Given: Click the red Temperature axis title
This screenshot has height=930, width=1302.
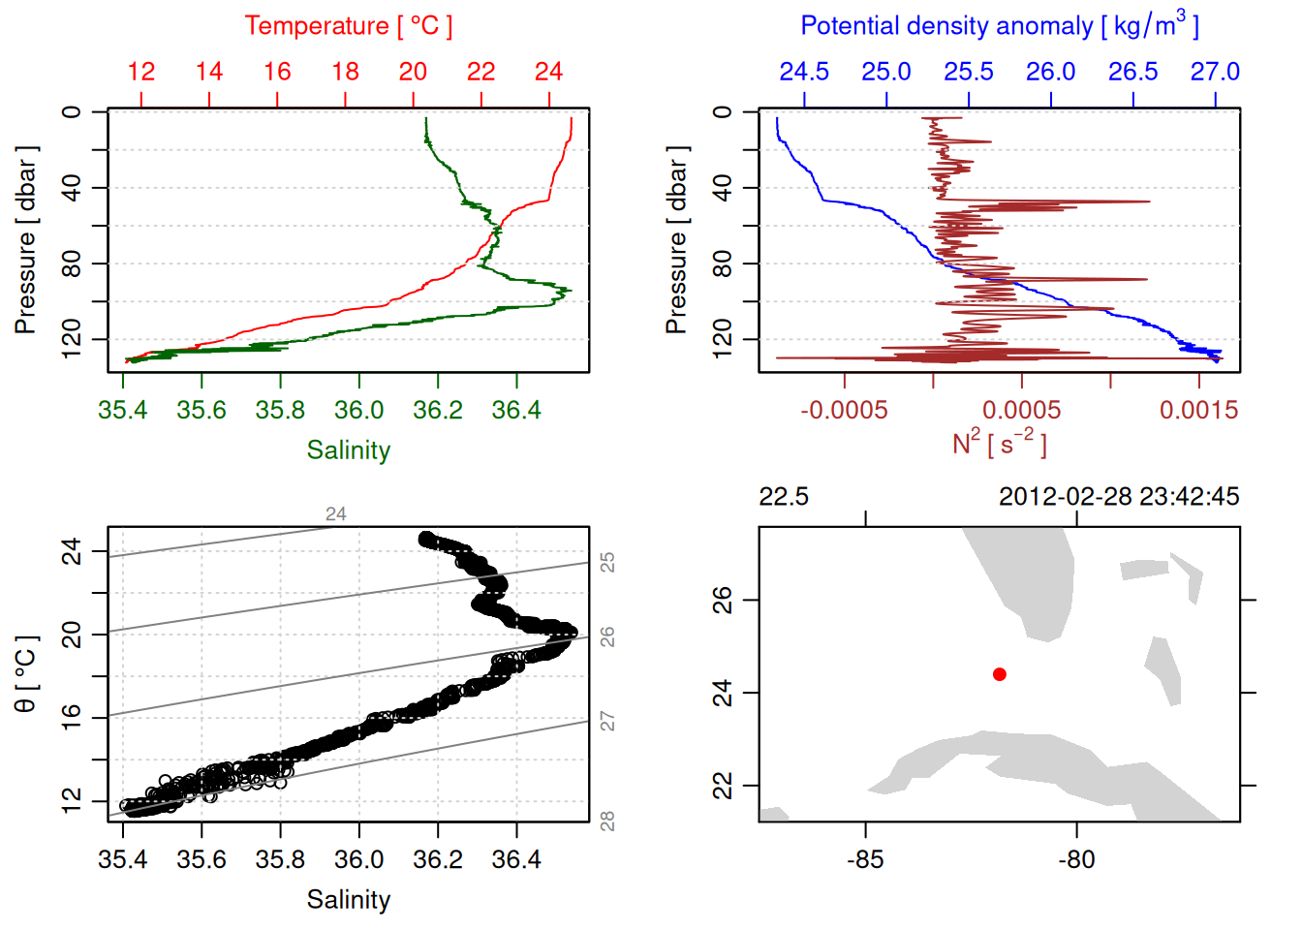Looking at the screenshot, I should coord(348,26).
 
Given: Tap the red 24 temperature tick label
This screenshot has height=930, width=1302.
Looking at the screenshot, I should coord(548,72).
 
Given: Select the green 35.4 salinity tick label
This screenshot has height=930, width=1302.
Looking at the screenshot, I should coord(123,411).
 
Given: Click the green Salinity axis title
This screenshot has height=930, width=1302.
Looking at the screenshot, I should coord(348,450).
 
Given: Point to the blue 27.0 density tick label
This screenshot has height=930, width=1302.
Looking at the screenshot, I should coord(1215,72).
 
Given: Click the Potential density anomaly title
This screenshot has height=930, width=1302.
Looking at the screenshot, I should coord(999,26).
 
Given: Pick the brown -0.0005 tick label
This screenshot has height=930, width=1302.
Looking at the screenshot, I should coord(844,411).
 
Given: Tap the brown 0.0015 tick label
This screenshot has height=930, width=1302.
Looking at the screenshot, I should coord(1198,411).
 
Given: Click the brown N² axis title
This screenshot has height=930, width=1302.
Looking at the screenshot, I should coord(999,444).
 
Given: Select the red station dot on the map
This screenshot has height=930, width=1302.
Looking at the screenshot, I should coord(1000,674).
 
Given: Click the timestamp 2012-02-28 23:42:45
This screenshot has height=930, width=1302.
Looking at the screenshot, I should coord(1119,497).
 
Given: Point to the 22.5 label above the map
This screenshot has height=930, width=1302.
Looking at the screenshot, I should coord(784,497).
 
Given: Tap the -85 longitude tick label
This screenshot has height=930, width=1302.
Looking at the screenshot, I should coord(865,859).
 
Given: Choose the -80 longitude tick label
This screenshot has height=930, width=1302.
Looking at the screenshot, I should coord(1076,859).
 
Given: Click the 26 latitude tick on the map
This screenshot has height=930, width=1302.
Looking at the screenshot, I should coord(723,601).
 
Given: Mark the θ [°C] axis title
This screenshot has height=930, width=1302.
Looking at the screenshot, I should coord(26,674).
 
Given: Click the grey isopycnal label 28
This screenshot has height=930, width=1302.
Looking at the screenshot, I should coord(607,821).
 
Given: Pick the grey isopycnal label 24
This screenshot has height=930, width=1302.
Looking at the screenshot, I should coord(336,514).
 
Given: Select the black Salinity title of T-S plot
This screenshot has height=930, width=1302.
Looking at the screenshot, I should coord(348,900).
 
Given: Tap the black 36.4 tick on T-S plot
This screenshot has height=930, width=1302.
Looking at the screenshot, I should coord(516,859).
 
